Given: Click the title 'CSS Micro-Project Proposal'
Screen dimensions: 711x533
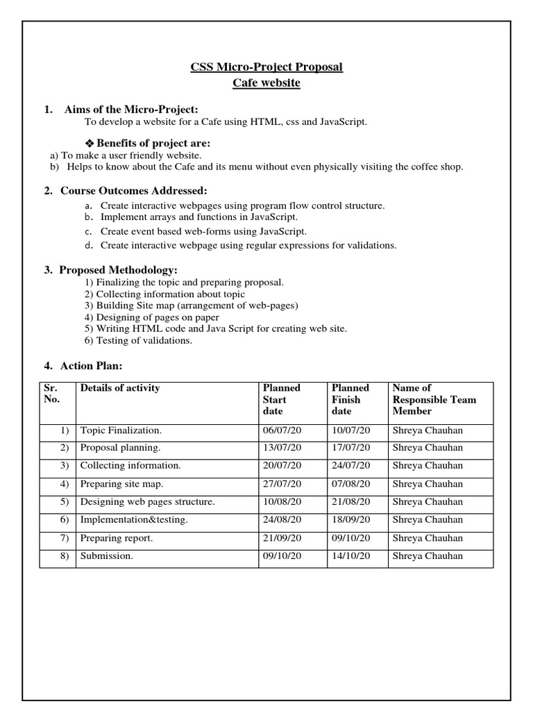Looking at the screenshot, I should tap(266, 67).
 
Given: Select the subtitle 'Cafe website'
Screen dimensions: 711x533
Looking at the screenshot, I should tap(266, 83).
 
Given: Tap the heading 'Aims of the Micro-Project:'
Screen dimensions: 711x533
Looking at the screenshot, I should tap(131, 109).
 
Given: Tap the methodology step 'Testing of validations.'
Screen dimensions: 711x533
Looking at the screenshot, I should tap(138, 340).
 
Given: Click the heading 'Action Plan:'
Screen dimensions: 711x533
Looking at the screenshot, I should tap(91, 365).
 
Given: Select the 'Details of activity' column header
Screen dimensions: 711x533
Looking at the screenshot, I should tap(120, 388).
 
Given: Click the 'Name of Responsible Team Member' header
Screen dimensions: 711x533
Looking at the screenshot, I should tap(434, 399).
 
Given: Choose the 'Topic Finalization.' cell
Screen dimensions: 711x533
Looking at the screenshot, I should tap(121, 430).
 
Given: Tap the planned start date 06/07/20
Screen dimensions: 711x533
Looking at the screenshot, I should tap(282, 430).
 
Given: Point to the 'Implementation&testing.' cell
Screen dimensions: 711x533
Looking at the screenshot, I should tap(134, 520).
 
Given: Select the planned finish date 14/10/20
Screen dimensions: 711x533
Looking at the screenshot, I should tap(351, 556).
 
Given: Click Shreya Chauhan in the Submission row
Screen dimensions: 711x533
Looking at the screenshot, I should tap(428, 556).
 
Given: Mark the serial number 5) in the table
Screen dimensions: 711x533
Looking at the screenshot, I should tap(65, 502).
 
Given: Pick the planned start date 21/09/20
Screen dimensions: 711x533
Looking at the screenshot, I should tap(282, 538).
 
